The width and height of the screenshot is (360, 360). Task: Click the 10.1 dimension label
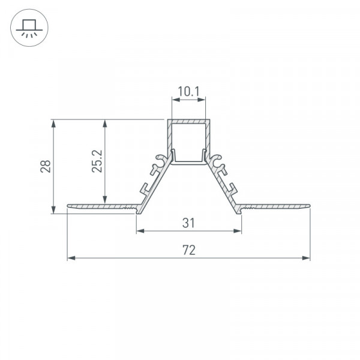189,91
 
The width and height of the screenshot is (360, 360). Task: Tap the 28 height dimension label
46,166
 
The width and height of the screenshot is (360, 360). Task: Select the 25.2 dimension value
97,161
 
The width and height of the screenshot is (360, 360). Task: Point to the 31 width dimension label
188,223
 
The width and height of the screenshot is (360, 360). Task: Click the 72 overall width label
189,250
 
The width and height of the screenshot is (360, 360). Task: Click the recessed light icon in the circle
29,28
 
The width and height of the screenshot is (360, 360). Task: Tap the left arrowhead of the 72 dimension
71,258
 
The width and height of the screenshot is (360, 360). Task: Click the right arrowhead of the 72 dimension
306,258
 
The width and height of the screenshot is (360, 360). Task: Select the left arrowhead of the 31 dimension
140,231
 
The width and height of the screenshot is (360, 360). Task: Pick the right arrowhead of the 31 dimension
238,231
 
